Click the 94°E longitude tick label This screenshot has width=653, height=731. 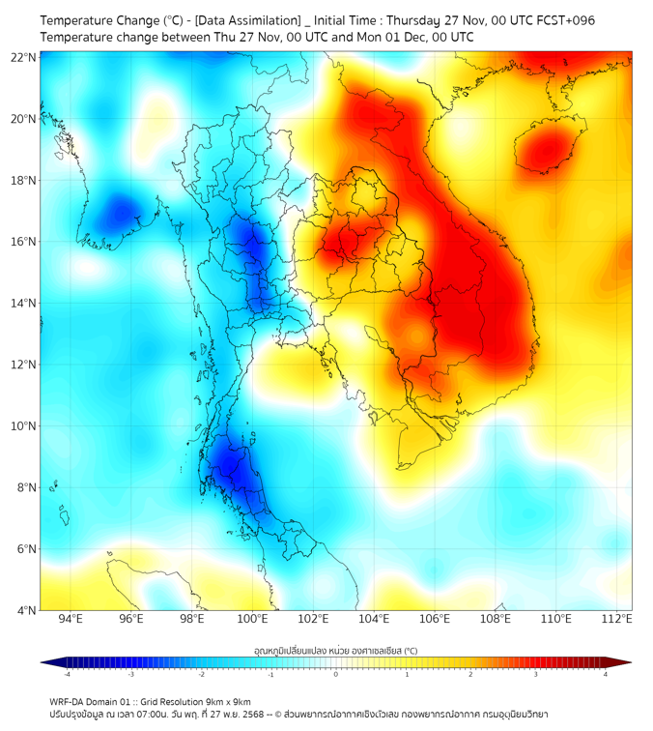pos(71,619)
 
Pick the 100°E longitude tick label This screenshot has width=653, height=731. pos(253,619)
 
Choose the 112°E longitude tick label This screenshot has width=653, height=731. pos(616,619)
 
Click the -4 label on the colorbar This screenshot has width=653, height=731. pos(67,674)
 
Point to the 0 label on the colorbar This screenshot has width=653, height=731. pos(336,674)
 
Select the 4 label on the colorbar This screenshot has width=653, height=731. pos(605,674)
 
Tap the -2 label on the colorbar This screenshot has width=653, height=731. pos(201,674)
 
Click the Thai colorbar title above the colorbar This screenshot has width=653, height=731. pos(335,651)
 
